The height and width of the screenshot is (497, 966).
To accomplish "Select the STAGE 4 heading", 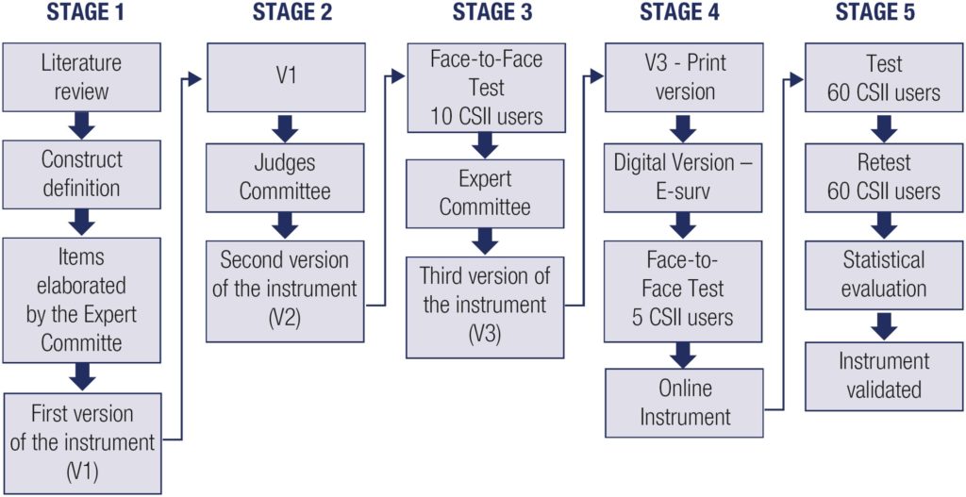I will (x=682, y=13).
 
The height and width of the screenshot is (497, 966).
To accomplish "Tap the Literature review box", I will (x=81, y=77).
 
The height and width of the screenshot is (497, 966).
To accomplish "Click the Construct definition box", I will (x=81, y=174).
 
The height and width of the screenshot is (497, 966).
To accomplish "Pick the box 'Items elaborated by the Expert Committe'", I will (x=81, y=298).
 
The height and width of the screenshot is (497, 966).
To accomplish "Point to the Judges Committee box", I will (x=284, y=177).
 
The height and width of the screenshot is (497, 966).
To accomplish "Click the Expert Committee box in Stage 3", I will (x=484, y=193).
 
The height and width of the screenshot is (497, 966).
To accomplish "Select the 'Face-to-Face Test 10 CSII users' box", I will (x=484, y=88).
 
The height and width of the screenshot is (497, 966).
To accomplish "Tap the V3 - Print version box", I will (x=684, y=78).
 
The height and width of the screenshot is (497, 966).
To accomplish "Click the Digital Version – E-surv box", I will (x=684, y=177).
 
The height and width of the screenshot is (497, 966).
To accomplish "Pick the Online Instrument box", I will (x=684, y=403).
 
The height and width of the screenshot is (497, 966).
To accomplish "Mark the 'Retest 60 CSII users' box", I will (x=884, y=177).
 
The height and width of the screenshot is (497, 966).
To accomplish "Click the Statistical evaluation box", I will (x=884, y=273).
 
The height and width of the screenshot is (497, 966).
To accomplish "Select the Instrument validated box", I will (x=884, y=375).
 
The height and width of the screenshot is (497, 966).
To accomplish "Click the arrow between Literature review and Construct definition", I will (x=82, y=124).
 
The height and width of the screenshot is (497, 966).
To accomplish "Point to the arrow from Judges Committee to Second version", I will (x=284, y=224).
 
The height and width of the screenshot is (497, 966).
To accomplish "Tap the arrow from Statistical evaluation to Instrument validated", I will (x=884, y=323).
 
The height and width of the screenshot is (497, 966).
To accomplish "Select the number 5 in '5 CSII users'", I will (x=638, y=317).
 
